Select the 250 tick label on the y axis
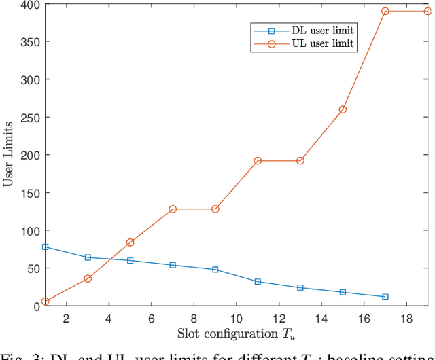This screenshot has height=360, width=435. [30, 118]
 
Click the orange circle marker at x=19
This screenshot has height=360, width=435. [428, 12]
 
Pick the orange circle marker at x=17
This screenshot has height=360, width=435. [385, 12]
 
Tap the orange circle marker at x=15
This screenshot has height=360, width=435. [343, 109]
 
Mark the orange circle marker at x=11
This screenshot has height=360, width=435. [258, 161]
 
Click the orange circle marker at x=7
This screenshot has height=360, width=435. [173, 209]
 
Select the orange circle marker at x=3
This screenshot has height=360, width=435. [88, 278]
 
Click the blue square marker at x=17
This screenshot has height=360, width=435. [385, 297]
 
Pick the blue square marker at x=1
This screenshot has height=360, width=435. [46, 247]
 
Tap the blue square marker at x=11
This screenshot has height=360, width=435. [258, 281]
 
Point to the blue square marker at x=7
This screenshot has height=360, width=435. [173, 265]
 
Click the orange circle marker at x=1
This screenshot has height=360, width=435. [46, 301]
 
